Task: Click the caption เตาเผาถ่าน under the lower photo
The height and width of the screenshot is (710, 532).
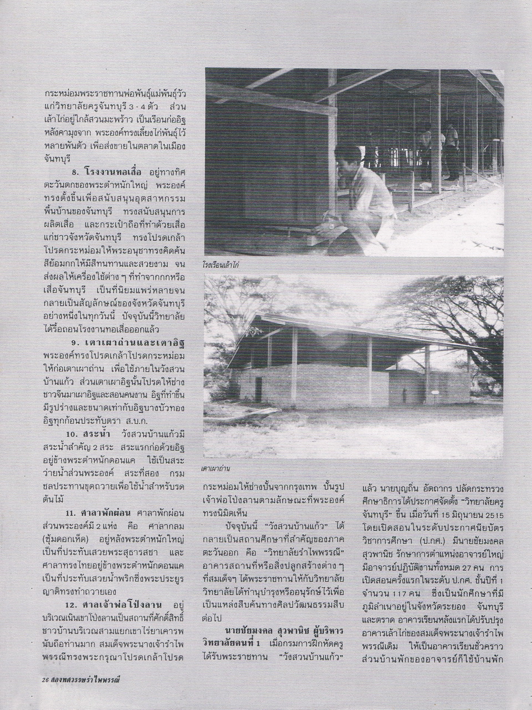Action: click(216, 469)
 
